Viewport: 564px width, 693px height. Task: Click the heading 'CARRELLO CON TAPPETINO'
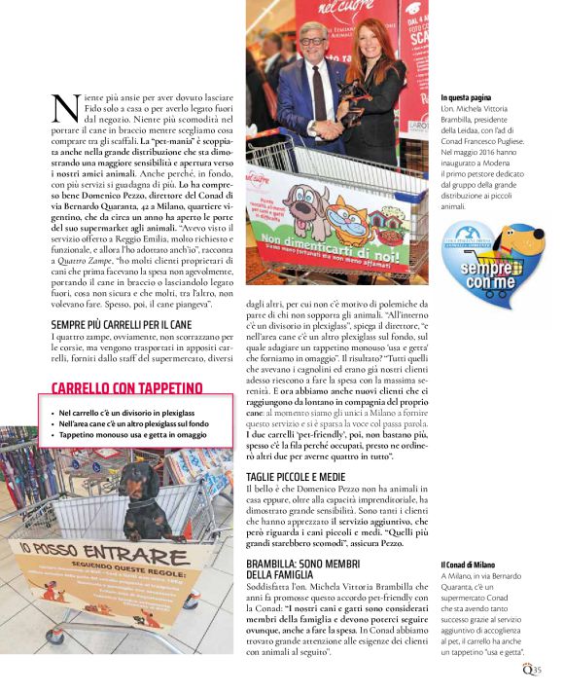point(126,388)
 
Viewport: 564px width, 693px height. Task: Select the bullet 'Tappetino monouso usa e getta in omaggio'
point(132,434)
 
